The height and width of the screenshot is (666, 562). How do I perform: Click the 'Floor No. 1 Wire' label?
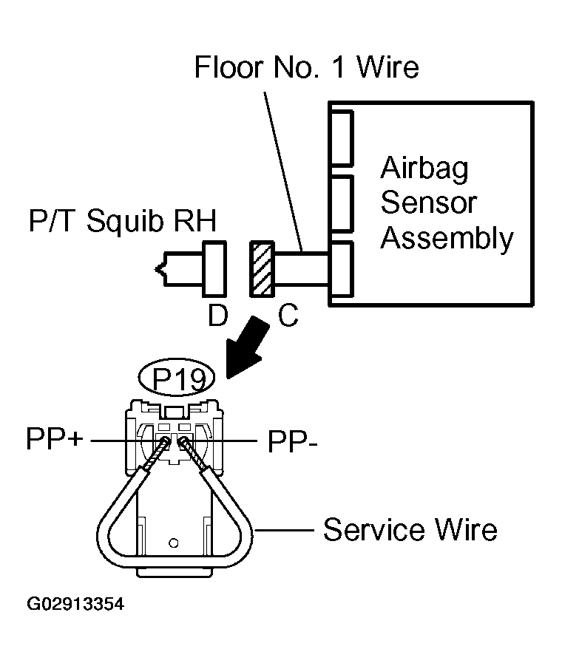point(306,67)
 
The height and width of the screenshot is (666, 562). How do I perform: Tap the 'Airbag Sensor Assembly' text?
point(447,203)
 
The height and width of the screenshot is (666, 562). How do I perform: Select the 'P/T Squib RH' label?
point(122,220)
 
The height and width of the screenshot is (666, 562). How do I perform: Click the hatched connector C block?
point(262,269)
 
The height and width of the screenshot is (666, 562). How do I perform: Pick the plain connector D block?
point(214,269)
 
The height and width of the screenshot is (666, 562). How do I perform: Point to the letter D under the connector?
point(218,315)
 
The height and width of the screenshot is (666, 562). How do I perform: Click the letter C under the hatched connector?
point(288,316)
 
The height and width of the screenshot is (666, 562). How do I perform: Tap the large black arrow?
point(248,347)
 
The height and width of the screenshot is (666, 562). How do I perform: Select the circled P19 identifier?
point(177,377)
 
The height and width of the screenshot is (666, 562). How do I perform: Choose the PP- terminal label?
point(292,441)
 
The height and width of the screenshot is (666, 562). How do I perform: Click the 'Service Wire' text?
point(410,530)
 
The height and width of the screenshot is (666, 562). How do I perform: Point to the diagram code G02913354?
point(75,604)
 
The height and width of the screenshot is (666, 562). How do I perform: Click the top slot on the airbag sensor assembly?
point(342,137)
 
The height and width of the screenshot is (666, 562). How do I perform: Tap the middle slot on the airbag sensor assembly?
point(342,204)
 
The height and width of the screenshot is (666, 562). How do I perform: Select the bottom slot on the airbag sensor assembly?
point(342,269)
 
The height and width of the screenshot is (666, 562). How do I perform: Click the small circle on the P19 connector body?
point(173,543)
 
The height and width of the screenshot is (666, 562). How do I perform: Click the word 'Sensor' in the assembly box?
point(429,203)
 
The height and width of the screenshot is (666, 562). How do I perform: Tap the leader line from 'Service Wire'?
point(283,530)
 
